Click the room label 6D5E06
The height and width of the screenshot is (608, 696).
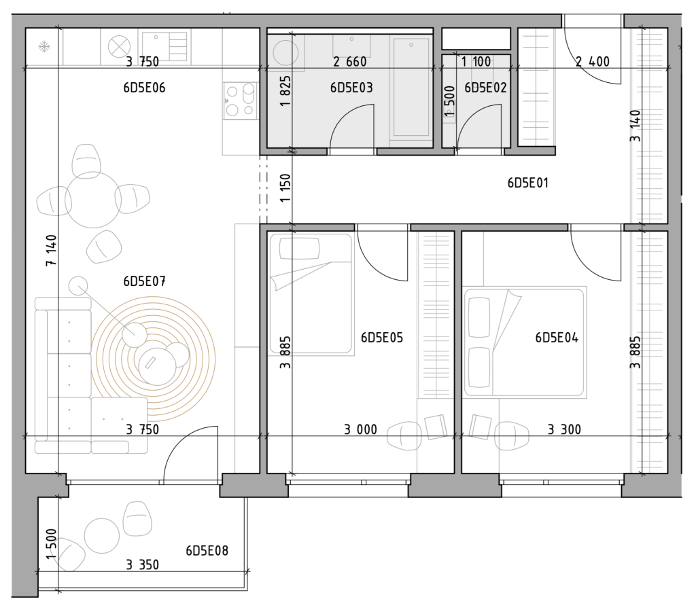[144, 88]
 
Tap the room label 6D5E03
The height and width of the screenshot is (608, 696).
[351, 88]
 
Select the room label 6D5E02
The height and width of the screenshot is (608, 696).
[485, 88]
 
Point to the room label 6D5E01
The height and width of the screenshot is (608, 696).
[527, 183]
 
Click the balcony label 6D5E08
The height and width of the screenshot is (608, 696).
[207, 551]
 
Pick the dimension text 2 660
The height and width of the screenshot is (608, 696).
[350, 62]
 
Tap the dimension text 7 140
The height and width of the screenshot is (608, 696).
[52, 250]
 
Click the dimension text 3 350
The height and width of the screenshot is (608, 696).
[143, 565]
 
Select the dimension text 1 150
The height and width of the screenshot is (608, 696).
[285, 187]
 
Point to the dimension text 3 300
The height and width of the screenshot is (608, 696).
[564, 429]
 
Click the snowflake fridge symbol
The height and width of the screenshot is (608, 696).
[44, 47]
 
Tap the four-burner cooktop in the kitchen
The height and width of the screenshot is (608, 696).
[240, 101]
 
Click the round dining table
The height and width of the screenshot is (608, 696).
[93, 200]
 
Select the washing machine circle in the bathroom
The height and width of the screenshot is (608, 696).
[285, 53]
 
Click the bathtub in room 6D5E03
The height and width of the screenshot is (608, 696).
[411, 86]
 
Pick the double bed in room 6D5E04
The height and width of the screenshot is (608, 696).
[525, 342]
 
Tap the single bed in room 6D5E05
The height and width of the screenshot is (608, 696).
[311, 294]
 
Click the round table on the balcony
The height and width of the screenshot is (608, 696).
[102, 536]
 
